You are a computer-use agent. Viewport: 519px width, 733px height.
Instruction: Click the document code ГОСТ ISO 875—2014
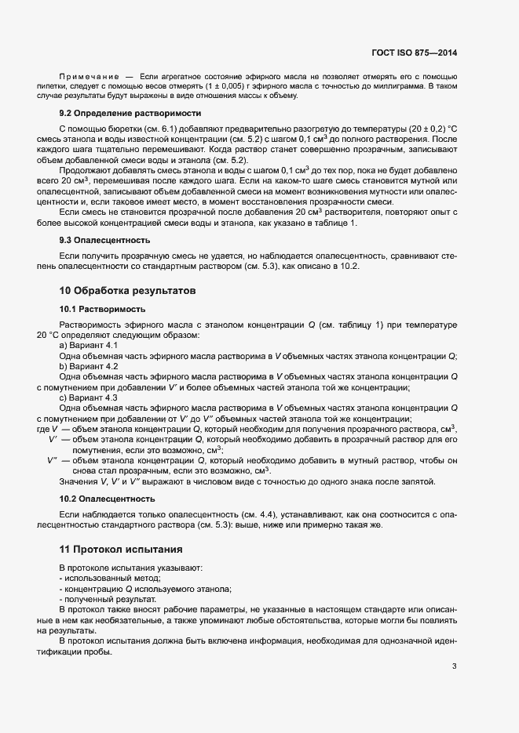click(x=414, y=53)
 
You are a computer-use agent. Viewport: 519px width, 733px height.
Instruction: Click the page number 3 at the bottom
click(x=454, y=667)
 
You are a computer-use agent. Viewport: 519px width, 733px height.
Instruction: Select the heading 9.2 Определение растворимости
click(x=112, y=113)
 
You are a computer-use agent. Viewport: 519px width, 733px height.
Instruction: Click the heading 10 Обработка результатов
click(x=126, y=291)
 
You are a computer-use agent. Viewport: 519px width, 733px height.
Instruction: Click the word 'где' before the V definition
click(x=43, y=429)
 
